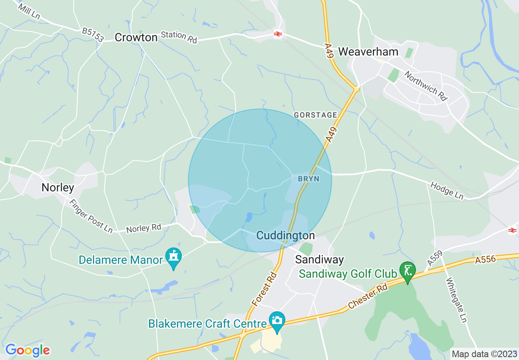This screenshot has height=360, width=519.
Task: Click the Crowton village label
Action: point(136,38)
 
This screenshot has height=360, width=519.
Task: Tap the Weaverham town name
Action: point(363,52)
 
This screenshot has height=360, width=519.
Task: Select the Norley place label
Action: point(58,188)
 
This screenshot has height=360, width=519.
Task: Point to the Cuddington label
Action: point(285,235)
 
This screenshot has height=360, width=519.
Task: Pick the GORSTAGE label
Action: point(316,115)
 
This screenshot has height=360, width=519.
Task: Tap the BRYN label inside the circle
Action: point(308,179)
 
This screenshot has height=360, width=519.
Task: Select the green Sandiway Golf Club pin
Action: point(408,270)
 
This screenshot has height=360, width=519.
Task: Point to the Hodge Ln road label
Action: point(447,191)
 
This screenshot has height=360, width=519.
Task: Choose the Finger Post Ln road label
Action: point(90,216)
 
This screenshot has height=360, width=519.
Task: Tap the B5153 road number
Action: point(93,35)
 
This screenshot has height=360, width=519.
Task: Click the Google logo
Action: point(27,350)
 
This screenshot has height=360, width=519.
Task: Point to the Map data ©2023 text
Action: point(484,353)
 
